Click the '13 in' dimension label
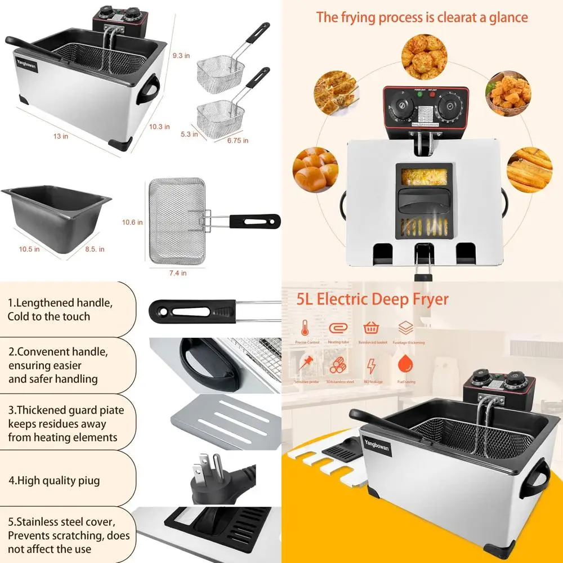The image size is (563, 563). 61,136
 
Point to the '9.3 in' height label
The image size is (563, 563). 181,55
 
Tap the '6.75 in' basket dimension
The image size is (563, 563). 237,140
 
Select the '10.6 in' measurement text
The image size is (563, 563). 132,222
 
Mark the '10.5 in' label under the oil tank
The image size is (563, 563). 29,249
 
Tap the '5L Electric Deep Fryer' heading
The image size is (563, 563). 373,298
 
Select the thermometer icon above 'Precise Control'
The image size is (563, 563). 305,328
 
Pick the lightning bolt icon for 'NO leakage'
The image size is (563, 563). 371,366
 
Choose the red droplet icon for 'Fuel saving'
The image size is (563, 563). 404,365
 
